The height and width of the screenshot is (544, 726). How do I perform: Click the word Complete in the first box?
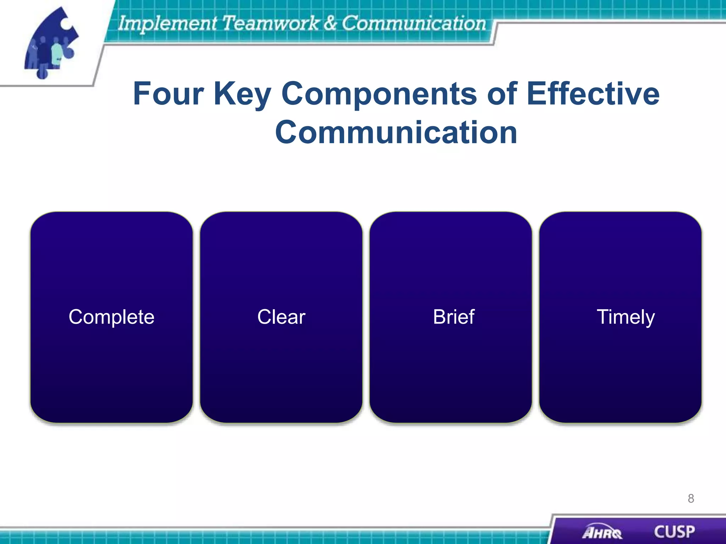(111, 317)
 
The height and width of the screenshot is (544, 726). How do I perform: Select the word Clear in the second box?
(281, 317)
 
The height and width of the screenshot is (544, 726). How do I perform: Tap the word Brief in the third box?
(453, 317)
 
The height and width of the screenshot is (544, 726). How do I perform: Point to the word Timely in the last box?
(626, 317)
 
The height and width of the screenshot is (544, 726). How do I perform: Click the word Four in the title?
(168, 93)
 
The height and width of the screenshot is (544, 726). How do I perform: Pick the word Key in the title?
(242, 93)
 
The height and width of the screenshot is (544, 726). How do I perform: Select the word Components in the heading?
(379, 93)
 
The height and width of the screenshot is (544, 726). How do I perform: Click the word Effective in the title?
(593, 93)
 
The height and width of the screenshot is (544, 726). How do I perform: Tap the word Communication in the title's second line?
(396, 132)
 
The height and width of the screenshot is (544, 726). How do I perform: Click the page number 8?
(691, 499)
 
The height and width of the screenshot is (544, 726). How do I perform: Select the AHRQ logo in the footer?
(602, 532)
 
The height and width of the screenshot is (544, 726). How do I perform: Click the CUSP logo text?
(674, 532)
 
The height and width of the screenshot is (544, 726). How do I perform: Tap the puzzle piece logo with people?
(51, 42)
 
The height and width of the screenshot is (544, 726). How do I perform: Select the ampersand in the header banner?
(330, 23)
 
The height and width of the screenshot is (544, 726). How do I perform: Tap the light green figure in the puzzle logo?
(57, 53)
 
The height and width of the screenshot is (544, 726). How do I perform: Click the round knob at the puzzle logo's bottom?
(42, 74)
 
